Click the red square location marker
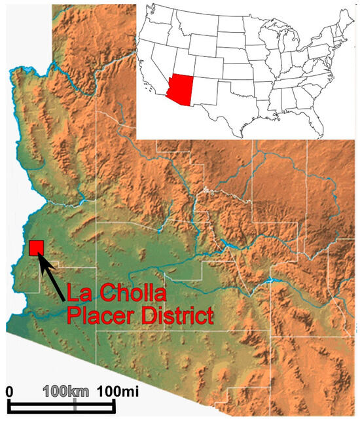36,248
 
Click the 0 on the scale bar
10,392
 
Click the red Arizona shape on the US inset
181,88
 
